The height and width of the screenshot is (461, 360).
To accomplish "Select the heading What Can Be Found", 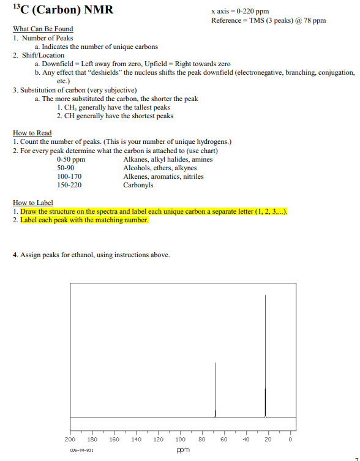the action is [x=43, y=29].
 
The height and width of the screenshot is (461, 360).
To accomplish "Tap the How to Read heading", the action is [x=32, y=133].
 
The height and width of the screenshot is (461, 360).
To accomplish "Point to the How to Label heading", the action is [x=32, y=203].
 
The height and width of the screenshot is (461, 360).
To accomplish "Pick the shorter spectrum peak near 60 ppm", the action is [x=215, y=386].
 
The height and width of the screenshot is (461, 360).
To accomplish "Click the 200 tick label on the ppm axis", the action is [x=70, y=440].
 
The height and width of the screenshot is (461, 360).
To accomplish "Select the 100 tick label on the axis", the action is [x=181, y=440].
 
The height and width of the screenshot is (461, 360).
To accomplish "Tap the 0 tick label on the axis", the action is [x=291, y=440].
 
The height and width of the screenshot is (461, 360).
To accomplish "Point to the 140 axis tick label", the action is [x=137, y=440].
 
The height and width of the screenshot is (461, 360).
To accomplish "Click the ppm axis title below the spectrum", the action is [x=181, y=449].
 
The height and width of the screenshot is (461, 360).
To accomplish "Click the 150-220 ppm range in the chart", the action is [x=69, y=185].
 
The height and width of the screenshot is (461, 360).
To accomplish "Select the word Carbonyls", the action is [x=138, y=185].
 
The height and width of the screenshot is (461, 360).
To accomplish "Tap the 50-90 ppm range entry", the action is [x=66, y=168].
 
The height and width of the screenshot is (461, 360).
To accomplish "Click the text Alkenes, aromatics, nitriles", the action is [x=163, y=176].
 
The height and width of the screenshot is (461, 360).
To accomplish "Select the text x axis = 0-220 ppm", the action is [x=240, y=12].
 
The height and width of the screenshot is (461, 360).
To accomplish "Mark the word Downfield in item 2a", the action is [x=59, y=64].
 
